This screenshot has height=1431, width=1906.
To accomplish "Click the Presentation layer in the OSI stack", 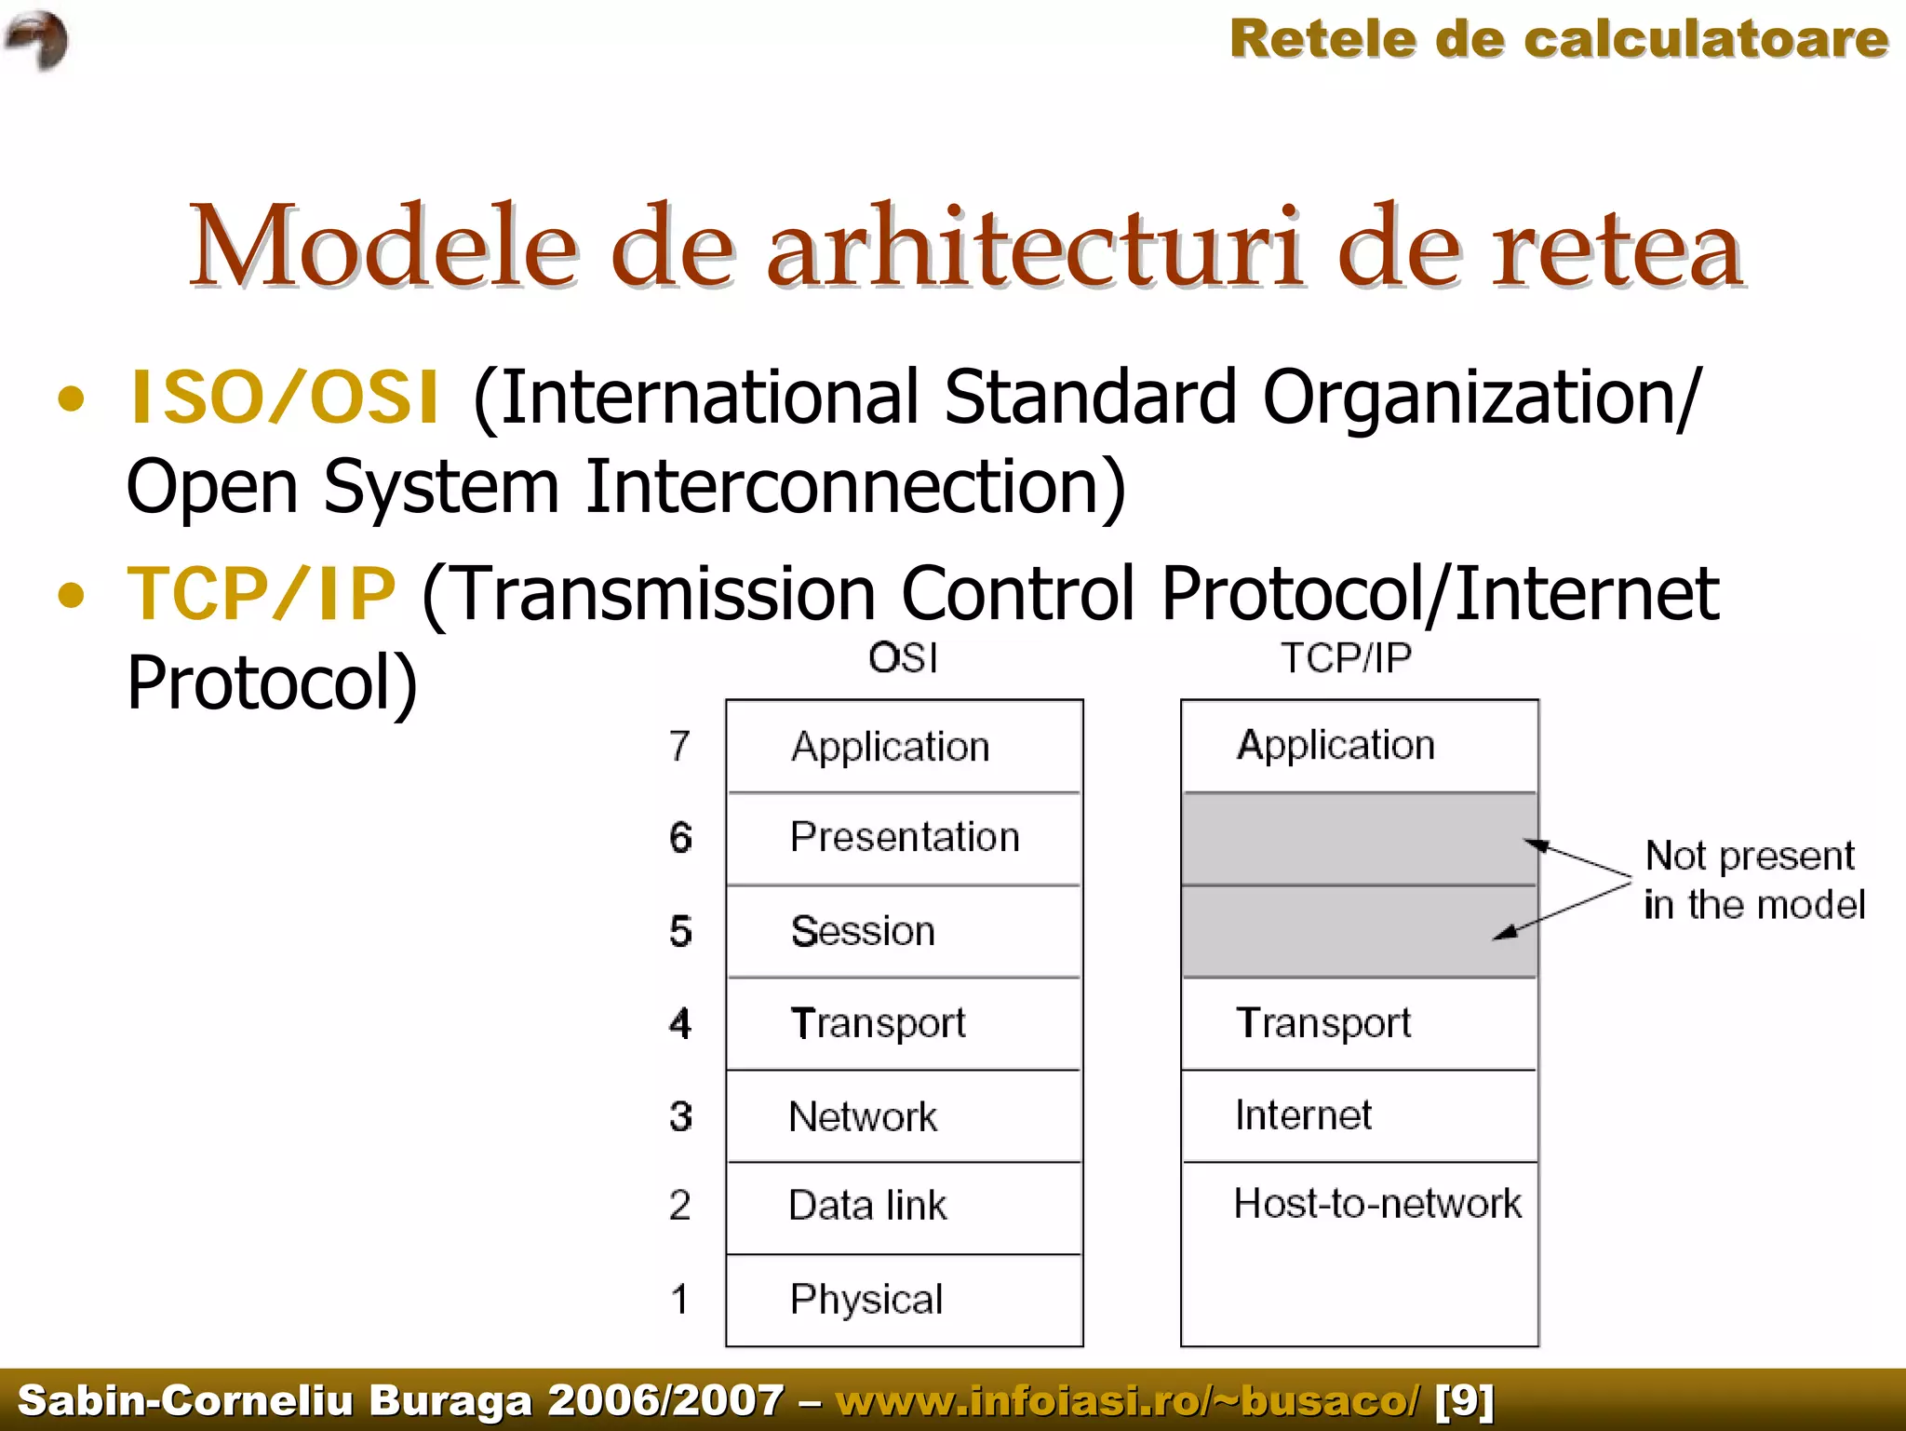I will point(905,837).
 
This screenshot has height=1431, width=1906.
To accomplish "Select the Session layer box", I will point(905,931).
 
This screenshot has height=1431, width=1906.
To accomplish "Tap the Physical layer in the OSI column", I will point(905,1299).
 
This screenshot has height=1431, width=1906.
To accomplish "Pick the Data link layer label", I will point(867,1206).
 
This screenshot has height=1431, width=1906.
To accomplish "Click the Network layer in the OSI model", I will point(905,1116).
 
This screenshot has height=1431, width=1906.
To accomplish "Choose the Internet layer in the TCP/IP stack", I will point(1359,1115).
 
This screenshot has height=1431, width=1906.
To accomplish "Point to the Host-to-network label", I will point(1377,1204).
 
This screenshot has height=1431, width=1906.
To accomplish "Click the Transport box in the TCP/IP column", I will point(1359,1023).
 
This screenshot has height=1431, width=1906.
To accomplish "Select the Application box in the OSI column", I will point(905,747).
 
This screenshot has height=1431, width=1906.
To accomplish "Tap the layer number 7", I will point(680,747).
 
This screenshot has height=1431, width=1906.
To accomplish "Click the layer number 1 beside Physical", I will point(680,1299).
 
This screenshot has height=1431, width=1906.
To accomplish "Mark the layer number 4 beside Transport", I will point(680,1024).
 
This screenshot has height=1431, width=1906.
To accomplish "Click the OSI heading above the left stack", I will point(903,658).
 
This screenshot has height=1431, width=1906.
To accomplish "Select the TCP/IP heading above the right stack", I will point(1346,658).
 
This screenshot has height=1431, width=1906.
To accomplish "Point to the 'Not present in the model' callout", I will point(1753,880).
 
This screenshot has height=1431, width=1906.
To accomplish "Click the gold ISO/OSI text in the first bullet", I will point(284,398).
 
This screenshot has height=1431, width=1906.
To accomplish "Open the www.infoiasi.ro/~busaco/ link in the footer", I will point(1128,1400).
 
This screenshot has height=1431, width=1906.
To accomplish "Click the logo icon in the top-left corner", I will point(37,39).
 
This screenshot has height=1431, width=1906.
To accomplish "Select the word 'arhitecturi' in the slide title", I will point(1035,248).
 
